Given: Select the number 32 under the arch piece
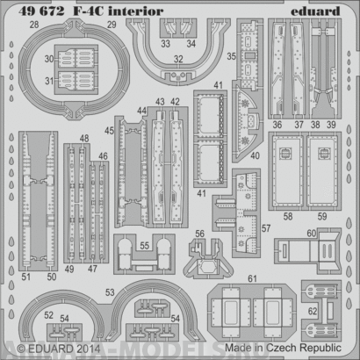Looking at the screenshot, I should click(177, 61).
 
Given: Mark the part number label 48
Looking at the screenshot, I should click(83, 138).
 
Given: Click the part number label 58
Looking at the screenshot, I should click(287, 214).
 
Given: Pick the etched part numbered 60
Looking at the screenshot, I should click(313, 246).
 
